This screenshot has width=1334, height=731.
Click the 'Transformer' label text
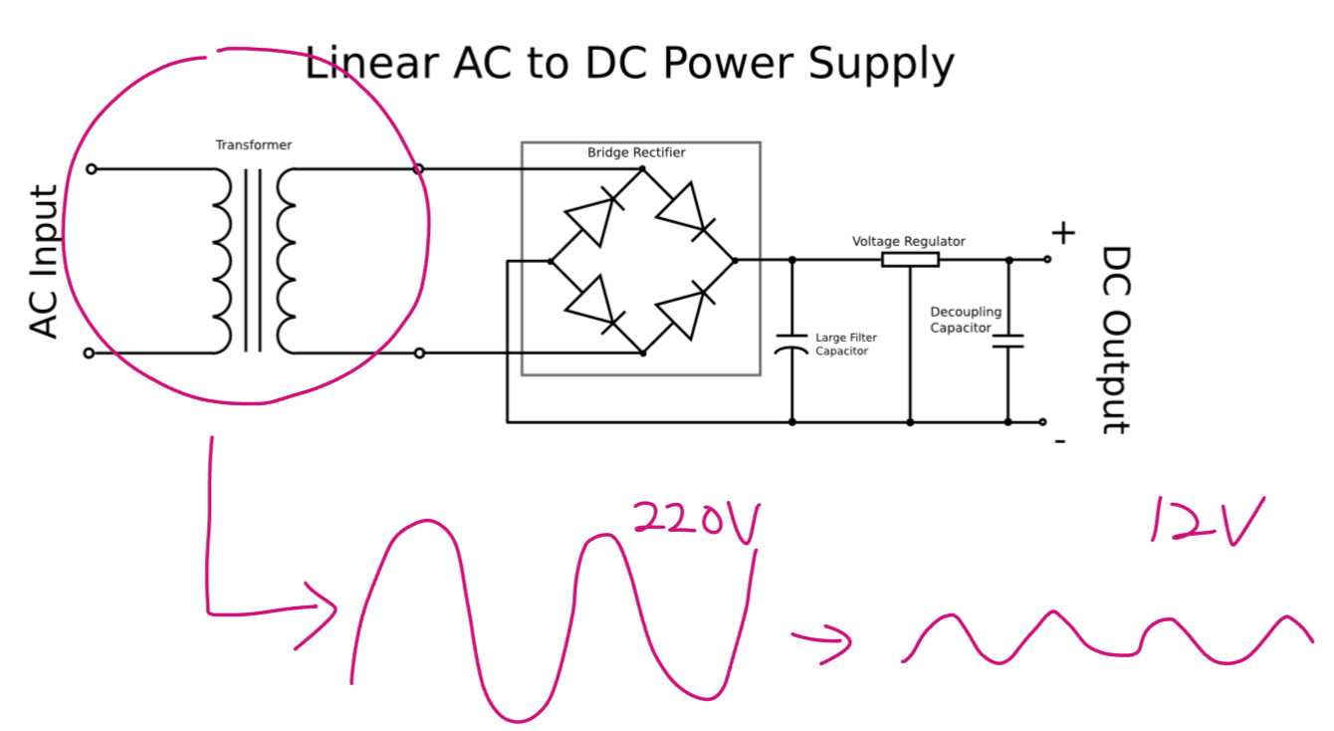254,145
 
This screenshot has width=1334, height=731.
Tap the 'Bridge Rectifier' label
636,152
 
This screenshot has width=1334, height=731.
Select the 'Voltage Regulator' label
908,241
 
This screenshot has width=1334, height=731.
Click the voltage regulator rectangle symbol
910,260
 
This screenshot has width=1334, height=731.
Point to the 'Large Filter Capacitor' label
846,345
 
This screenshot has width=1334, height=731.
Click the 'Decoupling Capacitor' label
964,320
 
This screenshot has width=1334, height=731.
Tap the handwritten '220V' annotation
696,520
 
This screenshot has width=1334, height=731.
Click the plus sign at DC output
1063,233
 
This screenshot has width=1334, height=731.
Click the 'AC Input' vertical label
45,261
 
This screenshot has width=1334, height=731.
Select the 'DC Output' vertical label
1116,340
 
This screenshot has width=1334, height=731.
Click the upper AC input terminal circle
92,169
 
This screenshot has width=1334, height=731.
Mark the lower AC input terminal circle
90,353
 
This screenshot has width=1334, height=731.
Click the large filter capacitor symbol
792,345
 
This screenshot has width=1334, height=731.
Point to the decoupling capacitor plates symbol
1007,342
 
